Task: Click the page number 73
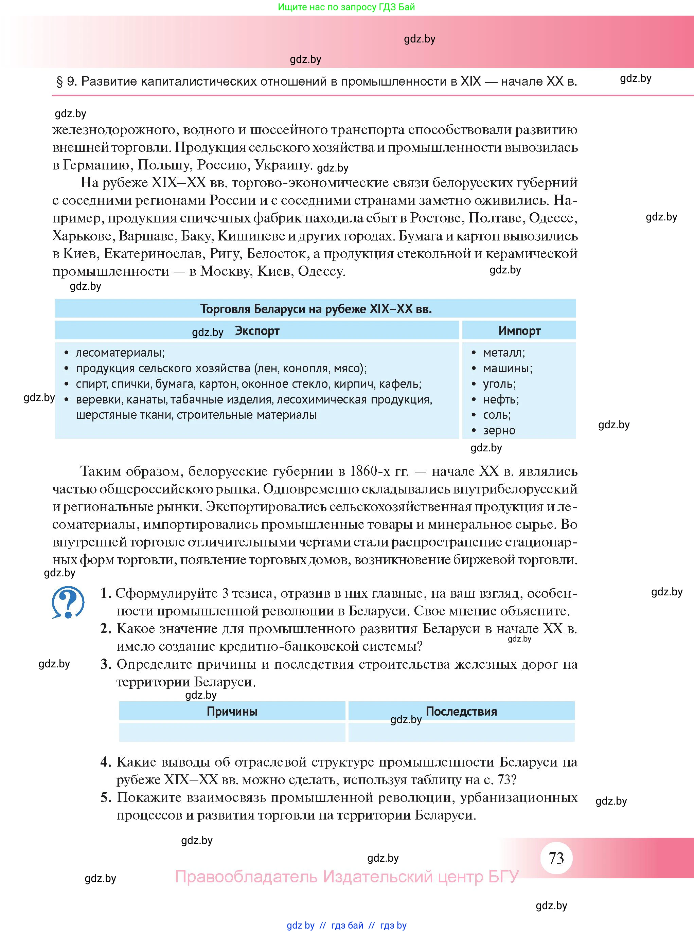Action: pos(556,858)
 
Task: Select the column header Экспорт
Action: pos(257,331)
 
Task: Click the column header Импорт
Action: pos(519,331)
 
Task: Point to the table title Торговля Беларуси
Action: pos(316,309)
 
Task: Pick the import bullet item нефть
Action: pos(501,399)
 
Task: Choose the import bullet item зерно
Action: pos(499,430)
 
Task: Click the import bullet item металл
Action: pos(504,353)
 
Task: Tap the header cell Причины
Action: pos(232,712)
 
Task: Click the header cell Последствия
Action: pos(461,712)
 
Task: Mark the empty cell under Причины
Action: pos(232,732)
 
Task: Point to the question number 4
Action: pos(105,762)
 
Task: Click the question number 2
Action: pos(105,629)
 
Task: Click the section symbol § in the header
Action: pos(60,82)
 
